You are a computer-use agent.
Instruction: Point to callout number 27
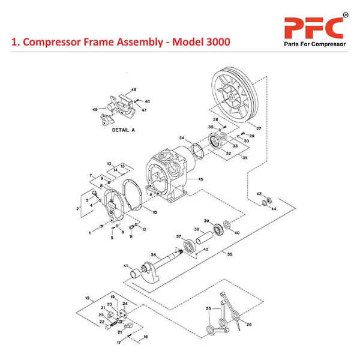(x=259, y=129)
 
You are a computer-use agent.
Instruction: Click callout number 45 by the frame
(x=200, y=179)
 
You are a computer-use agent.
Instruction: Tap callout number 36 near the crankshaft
(x=154, y=255)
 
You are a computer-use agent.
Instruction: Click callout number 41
(x=126, y=266)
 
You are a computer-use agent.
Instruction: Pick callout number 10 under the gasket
(x=154, y=212)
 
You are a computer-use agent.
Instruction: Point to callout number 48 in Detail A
(x=133, y=89)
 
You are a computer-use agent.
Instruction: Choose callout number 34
(x=181, y=139)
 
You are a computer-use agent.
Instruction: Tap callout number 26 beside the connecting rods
(x=248, y=324)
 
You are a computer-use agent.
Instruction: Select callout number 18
(x=87, y=298)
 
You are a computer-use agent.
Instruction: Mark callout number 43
(x=259, y=194)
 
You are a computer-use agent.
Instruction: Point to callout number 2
(x=77, y=208)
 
